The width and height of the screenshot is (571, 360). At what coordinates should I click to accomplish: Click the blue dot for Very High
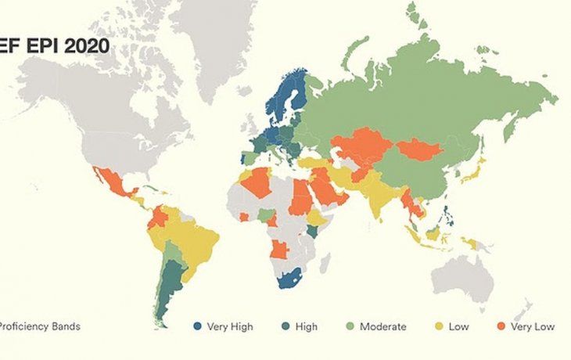(x=198, y=326)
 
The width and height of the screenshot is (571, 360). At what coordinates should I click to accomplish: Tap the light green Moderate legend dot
(x=349, y=326)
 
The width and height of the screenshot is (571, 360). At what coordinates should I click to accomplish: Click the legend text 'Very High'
(x=229, y=326)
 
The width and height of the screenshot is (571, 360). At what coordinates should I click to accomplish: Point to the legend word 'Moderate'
(x=382, y=326)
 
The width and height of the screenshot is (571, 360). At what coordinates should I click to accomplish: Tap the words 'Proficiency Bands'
(x=41, y=326)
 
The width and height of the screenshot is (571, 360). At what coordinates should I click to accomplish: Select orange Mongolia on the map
(x=419, y=149)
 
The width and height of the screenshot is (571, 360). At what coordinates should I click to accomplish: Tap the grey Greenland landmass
(x=215, y=39)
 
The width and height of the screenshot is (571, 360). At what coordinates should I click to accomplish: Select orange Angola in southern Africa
(x=280, y=250)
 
